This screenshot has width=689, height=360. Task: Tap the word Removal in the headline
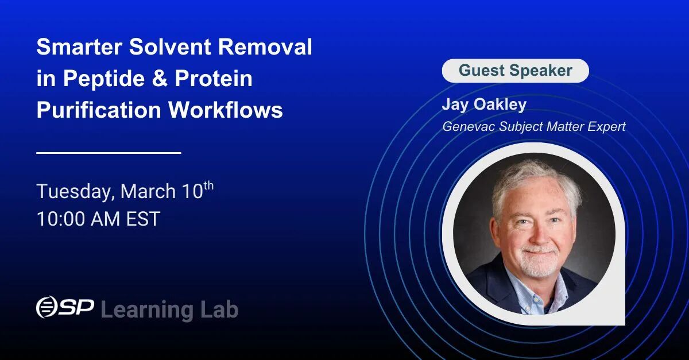tap(265, 47)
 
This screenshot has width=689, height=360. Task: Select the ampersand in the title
tap(160, 78)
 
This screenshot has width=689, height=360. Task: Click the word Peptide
tap(104, 79)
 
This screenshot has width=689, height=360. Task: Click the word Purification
tap(99, 110)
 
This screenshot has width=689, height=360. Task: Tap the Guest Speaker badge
tap(515, 71)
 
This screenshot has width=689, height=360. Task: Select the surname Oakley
tap(500, 104)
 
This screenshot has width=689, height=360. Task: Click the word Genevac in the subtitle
tap(469, 126)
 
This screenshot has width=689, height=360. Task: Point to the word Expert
tap(606, 127)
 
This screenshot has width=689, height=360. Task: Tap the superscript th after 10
tap(208, 186)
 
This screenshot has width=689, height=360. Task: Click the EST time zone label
tap(143, 219)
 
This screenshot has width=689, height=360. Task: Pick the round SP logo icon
tap(47, 307)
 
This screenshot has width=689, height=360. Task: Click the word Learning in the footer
tap(147, 310)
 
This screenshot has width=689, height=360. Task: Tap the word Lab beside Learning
tap(219, 309)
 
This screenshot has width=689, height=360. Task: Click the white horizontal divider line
tap(109, 153)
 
